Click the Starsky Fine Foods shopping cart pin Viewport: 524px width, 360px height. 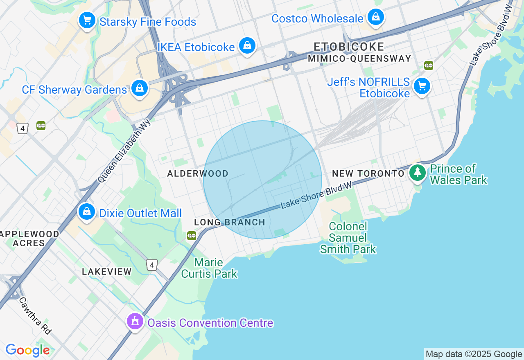point(87,20)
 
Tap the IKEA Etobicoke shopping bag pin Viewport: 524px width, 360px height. point(247,45)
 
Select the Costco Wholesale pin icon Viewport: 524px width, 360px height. point(375,17)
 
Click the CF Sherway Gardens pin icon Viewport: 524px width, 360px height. point(140,88)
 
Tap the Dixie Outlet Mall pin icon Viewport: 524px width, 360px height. point(87,212)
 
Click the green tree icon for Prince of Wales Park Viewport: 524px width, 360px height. point(417,173)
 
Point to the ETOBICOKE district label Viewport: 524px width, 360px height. point(349,47)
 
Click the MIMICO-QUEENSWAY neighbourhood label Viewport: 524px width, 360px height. point(359,59)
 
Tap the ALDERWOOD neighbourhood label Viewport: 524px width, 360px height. point(198,174)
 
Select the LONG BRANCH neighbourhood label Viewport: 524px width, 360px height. point(230,223)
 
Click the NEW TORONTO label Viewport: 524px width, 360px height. point(368,174)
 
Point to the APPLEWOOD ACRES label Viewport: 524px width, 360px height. point(29,239)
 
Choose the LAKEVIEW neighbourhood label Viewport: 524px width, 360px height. point(107,272)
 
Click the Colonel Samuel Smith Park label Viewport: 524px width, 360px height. point(348,238)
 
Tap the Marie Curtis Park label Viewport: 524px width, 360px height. point(209,268)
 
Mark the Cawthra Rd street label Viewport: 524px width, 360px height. point(35,315)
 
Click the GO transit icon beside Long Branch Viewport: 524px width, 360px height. point(192,236)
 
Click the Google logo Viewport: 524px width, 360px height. point(27,350)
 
